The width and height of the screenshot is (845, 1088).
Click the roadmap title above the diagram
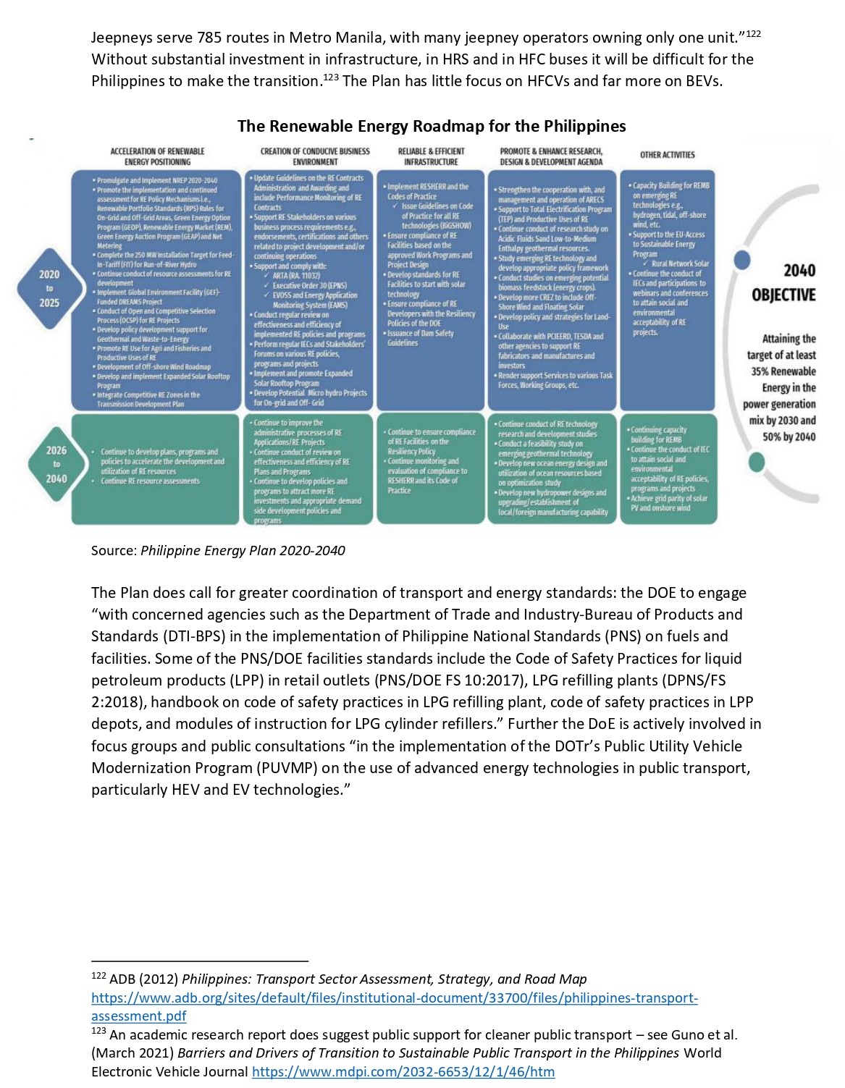coord(432,126)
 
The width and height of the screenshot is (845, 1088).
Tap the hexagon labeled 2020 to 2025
coord(49,288)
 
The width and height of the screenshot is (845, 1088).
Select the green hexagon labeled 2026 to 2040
coord(56,465)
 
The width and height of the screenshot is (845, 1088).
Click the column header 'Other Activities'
coord(667,155)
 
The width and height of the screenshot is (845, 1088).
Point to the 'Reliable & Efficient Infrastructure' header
coord(431,156)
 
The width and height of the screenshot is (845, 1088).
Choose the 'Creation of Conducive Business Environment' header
coord(315,156)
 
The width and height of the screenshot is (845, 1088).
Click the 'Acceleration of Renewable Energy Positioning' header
coord(157,156)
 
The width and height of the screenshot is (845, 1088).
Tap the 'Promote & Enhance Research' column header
coord(551,156)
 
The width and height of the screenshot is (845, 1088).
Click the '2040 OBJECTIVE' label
coord(783,282)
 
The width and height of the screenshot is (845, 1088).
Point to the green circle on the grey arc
coord(756,461)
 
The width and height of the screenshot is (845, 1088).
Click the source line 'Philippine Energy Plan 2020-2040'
coord(243,551)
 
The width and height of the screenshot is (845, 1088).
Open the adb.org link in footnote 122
coord(395,998)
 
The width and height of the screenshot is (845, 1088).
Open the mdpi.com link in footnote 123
coord(403,1072)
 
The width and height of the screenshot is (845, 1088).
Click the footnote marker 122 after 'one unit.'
coord(753,34)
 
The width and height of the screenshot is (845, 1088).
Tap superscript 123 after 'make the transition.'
coord(331,77)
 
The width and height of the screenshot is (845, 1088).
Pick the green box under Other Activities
coord(667,468)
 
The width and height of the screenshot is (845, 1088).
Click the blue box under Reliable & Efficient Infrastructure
coord(431,290)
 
